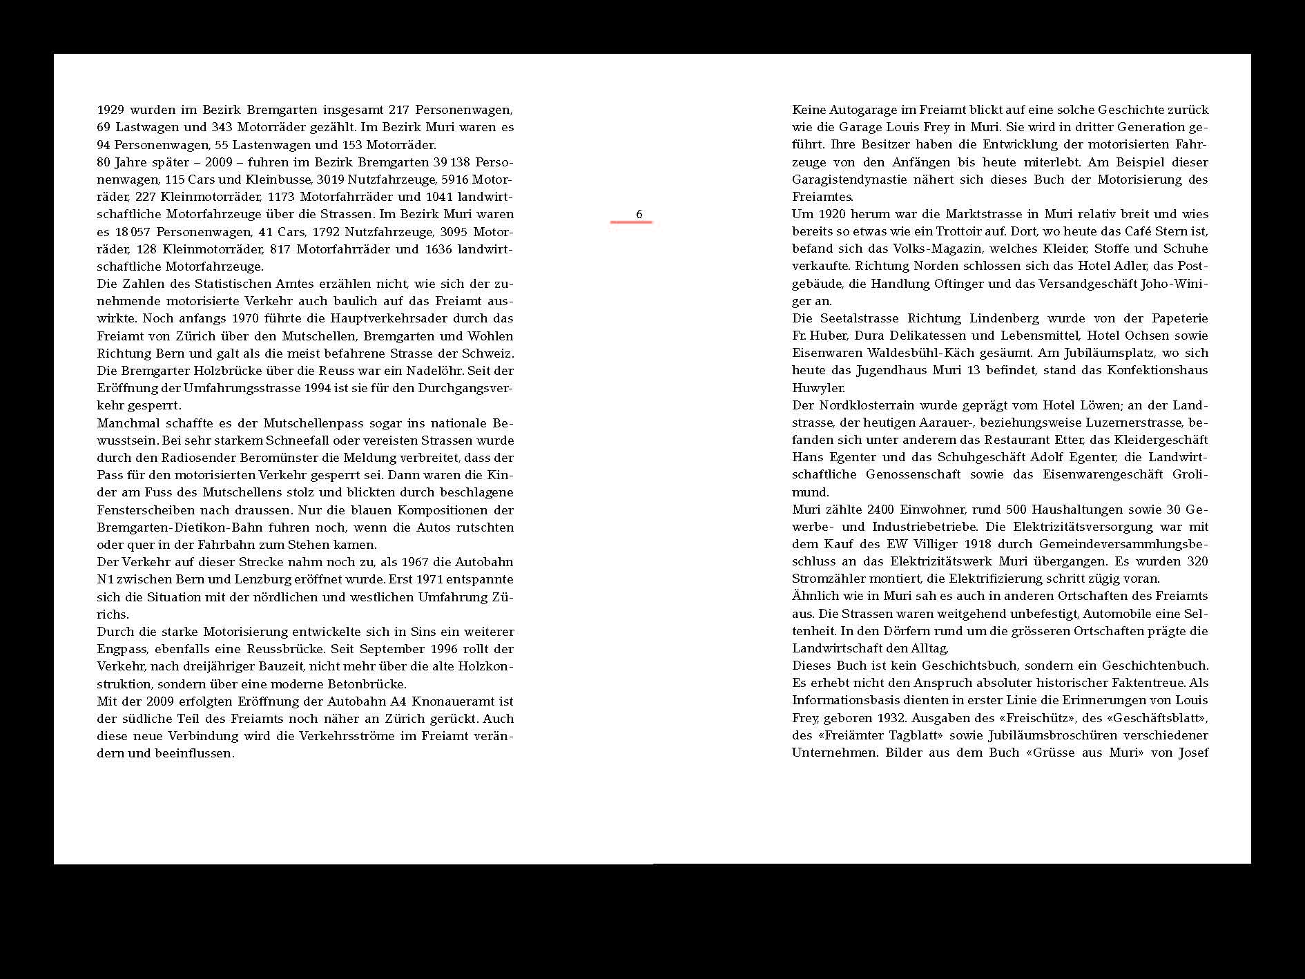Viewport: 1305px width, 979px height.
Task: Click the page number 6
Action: tap(639, 214)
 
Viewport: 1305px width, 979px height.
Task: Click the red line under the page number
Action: tap(631, 222)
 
